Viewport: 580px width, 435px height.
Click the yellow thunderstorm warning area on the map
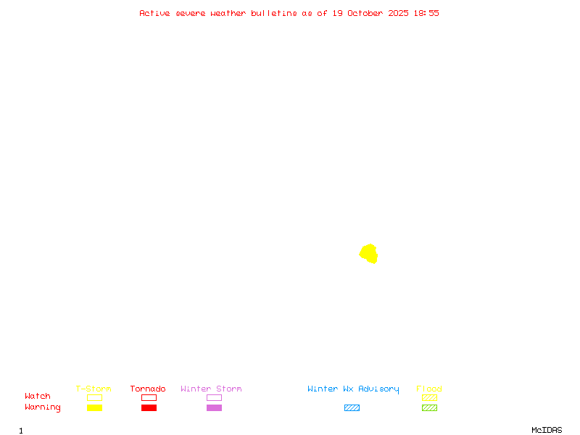tap(369, 254)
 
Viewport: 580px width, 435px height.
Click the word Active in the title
tap(154, 13)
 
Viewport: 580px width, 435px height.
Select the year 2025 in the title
tap(398, 13)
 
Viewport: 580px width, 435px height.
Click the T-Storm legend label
tap(94, 389)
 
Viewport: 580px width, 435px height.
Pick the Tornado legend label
tap(148, 389)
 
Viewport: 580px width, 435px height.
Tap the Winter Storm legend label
tap(211, 389)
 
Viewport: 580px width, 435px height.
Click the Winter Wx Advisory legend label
tap(353, 389)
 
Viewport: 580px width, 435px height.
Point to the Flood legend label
tap(429, 389)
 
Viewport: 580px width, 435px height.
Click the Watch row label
tap(38, 397)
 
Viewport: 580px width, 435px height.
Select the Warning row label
tap(43, 407)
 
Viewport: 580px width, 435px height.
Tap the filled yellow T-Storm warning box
tap(94, 407)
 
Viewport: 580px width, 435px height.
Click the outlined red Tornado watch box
tap(149, 397)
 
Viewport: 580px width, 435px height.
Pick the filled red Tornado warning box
tap(149, 407)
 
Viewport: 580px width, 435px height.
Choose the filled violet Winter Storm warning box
tap(214, 407)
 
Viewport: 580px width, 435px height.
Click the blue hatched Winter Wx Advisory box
tap(352, 407)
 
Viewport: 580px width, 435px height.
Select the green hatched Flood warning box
tap(429, 407)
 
